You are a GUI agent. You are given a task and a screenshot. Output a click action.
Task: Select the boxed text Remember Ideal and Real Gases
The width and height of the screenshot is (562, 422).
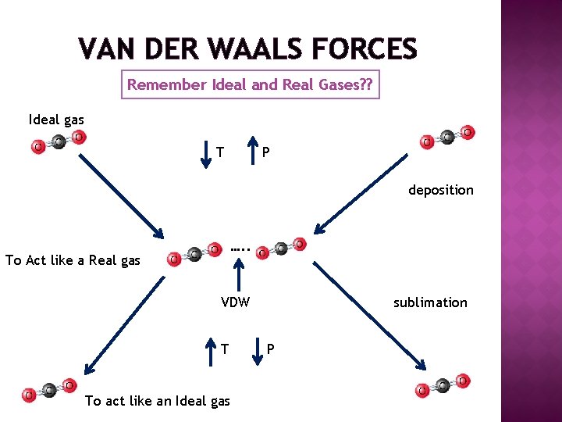pos(250,85)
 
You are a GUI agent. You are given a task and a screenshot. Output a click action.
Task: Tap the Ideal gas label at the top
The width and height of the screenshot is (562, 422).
pos(56,120)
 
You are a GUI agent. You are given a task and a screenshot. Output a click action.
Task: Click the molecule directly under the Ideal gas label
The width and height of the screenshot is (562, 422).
pos(58,142)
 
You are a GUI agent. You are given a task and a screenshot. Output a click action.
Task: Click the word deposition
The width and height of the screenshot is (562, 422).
pos(440,190)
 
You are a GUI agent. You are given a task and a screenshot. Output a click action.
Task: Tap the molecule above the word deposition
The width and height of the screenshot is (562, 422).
pos(446,137)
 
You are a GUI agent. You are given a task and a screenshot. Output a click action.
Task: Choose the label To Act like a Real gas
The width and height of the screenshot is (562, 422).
pos(73,260)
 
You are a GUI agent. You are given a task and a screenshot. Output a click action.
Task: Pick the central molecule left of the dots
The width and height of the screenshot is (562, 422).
pos(194,253)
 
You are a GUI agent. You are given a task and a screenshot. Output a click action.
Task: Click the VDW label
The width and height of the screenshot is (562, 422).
pos(235,302)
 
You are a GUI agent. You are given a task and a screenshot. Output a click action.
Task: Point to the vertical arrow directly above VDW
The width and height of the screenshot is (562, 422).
pos(236,276)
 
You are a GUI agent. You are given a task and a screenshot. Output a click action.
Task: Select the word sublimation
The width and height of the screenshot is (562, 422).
pos(430,302)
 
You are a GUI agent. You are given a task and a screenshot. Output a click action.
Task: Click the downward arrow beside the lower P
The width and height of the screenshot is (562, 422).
pos(258,349)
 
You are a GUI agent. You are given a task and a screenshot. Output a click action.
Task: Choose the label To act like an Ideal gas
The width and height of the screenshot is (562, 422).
pos(157,401)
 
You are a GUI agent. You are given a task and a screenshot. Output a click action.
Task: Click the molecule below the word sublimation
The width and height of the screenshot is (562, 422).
pos(443,384)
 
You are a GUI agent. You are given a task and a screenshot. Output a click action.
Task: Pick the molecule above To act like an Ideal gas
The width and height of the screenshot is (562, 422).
pos(48,390)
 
